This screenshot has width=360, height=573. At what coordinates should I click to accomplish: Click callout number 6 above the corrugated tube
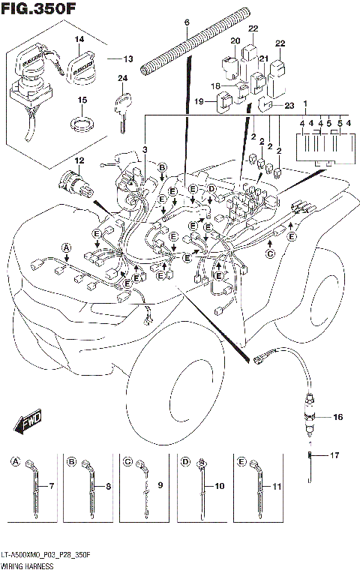tap(187, 23)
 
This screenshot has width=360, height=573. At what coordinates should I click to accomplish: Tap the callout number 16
tap(337, 416)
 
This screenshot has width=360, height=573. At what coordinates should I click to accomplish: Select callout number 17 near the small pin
tap(335, 454)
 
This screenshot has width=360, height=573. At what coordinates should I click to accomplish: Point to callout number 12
tap(78, 160)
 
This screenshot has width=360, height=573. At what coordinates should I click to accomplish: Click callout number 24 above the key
tap(122, 77)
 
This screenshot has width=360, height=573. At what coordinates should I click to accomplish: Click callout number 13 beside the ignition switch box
tap(127, 58)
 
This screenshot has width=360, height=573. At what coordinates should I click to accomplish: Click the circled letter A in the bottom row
tap(16, 462)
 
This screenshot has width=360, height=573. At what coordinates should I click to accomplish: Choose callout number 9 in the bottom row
tap(159, 486)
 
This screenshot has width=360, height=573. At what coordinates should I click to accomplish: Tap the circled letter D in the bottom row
tap(184, 462)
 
